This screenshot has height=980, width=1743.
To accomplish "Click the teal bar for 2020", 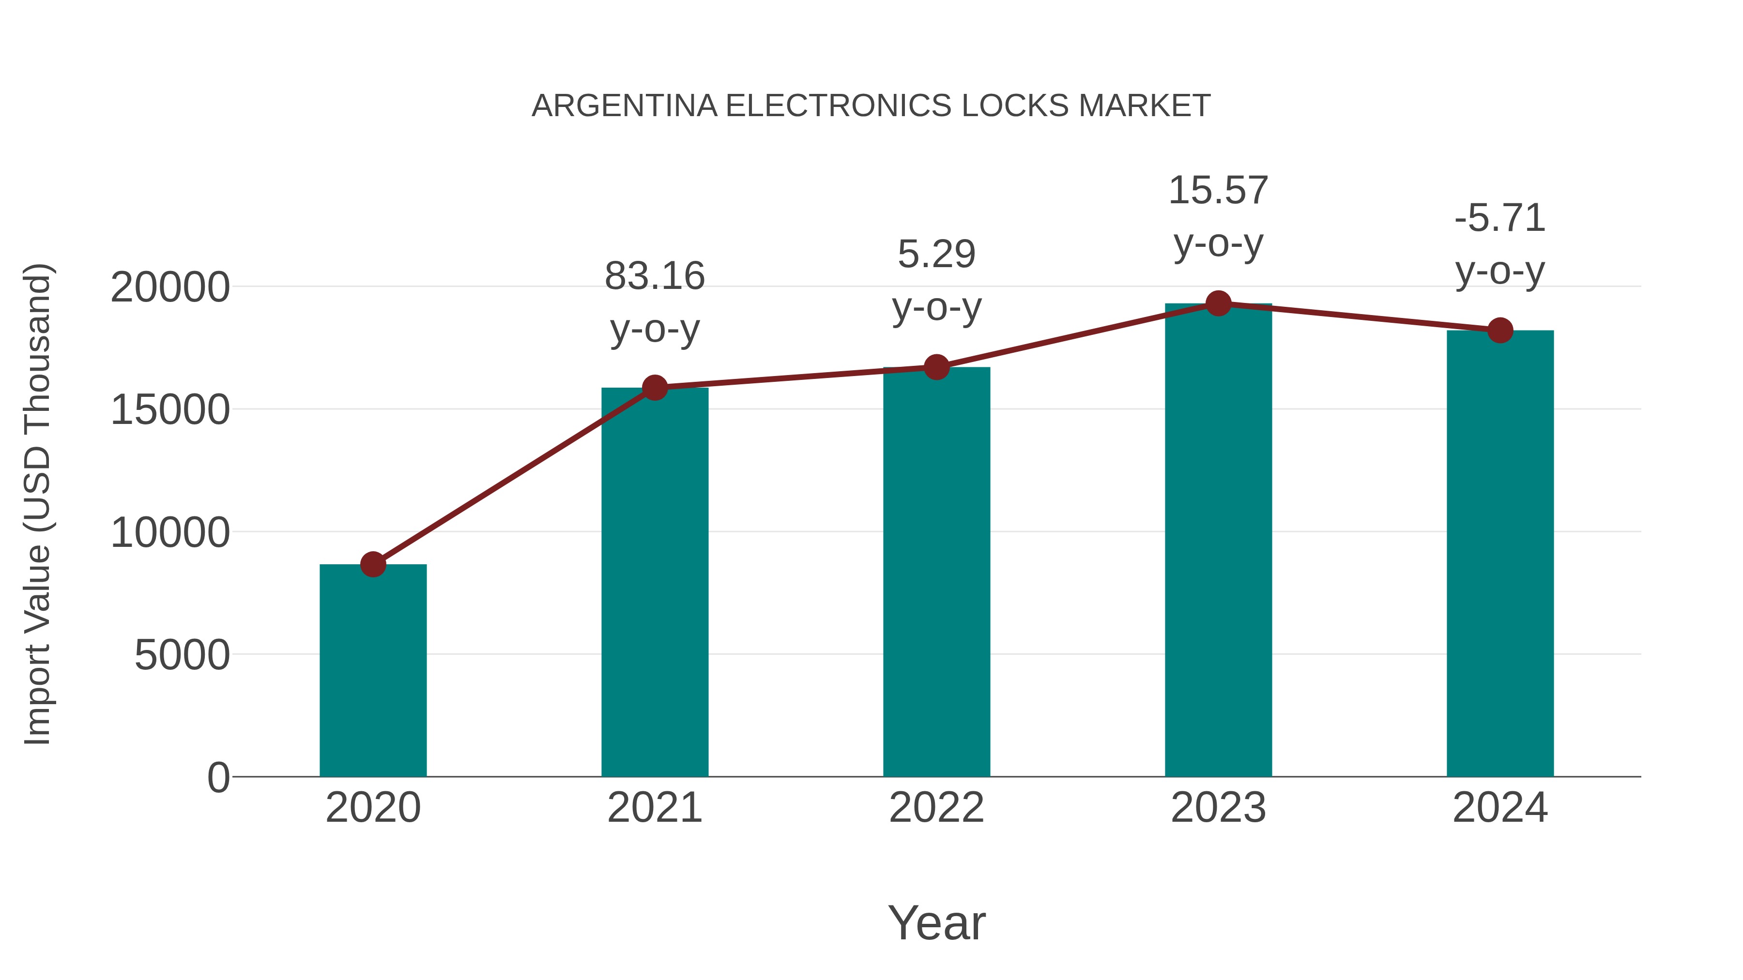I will click(x=373, y=670).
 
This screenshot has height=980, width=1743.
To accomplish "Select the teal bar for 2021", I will click(x=654, y=582).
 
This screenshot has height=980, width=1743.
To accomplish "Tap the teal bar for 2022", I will click(x=936, y=572).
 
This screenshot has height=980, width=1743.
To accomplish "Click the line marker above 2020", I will click(x=373, y=564).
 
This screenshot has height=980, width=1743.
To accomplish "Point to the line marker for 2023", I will click(x=1218, y=303).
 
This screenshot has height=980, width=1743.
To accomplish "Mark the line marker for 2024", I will click(x=1500, y=330).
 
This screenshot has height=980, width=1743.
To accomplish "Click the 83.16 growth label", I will click(x=654, y=277).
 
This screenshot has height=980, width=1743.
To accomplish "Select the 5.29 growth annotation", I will click(x=936, y=255).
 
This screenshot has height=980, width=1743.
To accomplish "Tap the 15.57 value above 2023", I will click(x=1218, y=191).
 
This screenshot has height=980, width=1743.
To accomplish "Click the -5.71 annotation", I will click(x=1500, y=218).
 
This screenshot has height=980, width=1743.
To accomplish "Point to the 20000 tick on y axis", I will click(x=170, y=287).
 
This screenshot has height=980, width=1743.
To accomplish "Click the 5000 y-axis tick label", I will click(x=182, y=655).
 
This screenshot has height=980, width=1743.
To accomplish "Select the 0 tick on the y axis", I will click(x=218, y=777).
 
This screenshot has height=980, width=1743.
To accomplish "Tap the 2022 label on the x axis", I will click(x=936, y=808).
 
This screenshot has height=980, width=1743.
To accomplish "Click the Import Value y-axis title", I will click(x=38, y=504).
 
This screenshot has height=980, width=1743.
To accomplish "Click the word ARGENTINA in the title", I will click(x=624, y=106).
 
